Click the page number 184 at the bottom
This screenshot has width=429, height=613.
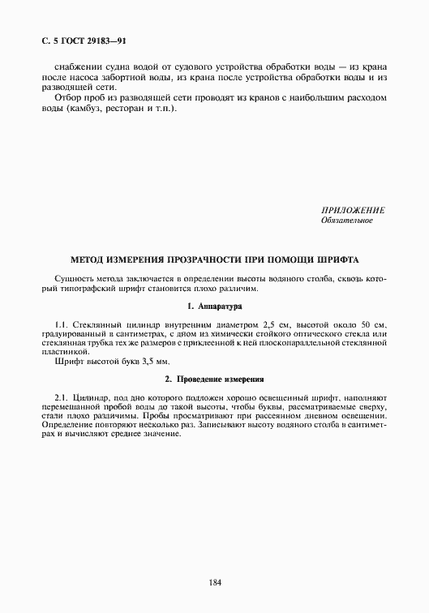point(215,581)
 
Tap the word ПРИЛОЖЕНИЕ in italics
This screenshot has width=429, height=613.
point(353,210)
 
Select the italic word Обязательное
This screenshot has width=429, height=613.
point(347,221)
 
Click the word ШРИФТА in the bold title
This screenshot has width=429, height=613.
point(337,259)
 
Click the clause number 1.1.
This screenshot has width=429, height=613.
point(59,324)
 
